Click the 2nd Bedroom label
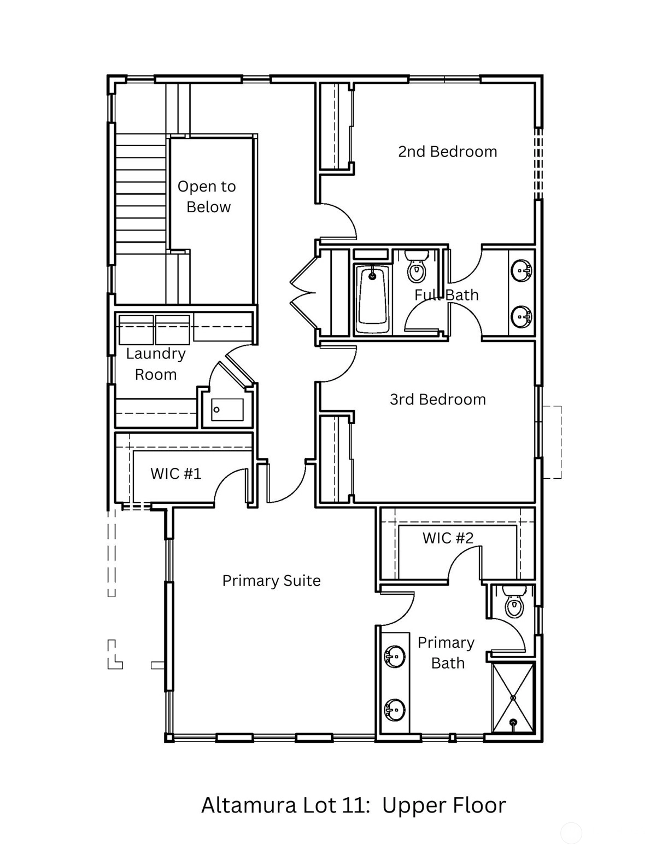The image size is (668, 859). tap(447, 152)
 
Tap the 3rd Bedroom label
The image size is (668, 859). tap(438, 399)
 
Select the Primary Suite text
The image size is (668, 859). tap(271, 581)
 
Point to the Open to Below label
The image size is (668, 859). tap(207, 196)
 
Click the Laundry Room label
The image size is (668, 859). tap(156, 364)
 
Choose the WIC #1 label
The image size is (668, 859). tap(175, 474)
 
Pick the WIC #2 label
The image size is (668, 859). tap(448, 538)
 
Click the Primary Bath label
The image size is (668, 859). tap(447, 653)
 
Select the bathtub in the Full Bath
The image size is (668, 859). tap(372, 299)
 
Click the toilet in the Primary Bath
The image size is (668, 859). tap(514, 601)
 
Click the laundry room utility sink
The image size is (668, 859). tap(227, 410)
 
